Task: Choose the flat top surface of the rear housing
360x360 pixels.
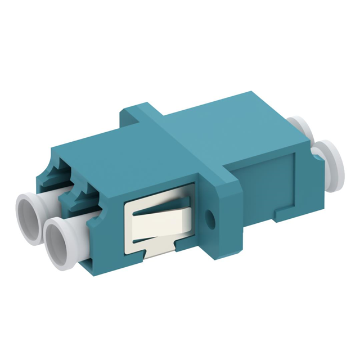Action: click(236, 124)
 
